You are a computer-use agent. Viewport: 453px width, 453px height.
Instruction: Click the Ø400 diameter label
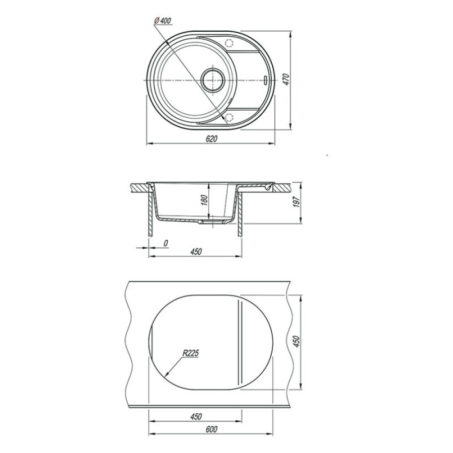coord(163,21)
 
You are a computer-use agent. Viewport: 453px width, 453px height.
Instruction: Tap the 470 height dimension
coord(286,80)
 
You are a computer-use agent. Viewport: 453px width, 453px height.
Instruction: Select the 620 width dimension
coord(211,139)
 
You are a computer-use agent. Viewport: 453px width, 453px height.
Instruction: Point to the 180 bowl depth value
coord(204,200)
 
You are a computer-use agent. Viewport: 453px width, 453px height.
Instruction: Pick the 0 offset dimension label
coord(166,244)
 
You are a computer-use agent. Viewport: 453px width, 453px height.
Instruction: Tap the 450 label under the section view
coord(196,252)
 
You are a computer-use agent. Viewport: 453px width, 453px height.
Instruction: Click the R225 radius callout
coord(191,353)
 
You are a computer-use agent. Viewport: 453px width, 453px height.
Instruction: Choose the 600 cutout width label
coord(211,429)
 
